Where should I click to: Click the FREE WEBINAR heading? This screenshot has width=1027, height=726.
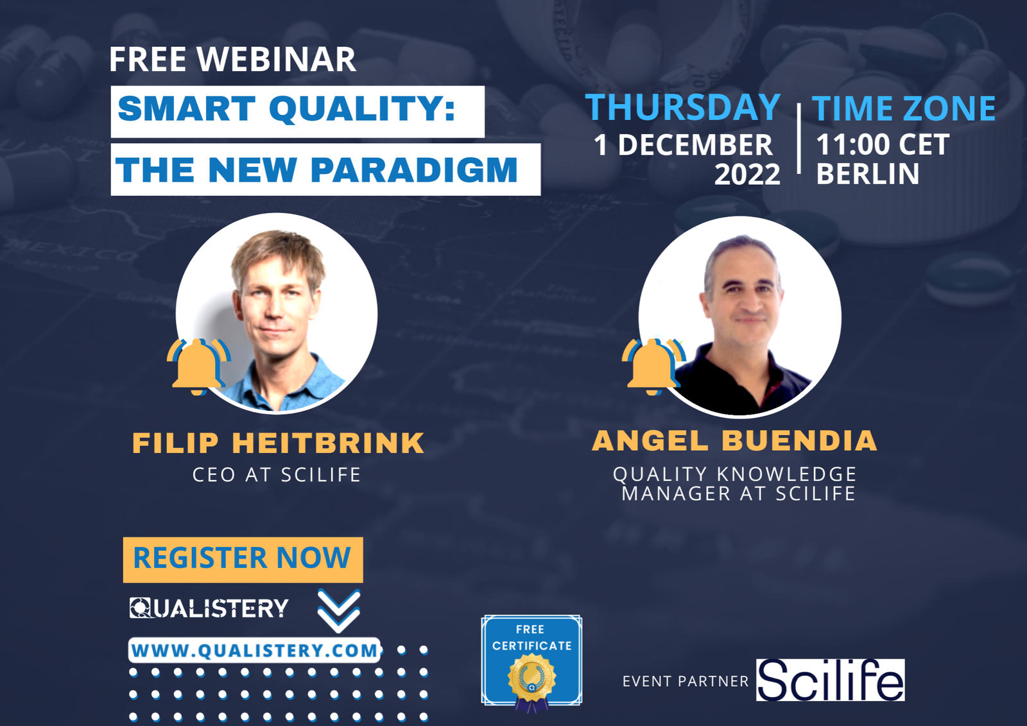(232, 60)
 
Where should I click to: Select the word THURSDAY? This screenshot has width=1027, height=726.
(683, 107)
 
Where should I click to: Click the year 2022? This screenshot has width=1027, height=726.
(747, 175)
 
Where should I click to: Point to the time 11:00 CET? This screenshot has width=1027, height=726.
(883, 145)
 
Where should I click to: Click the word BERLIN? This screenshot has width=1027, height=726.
(867, 174)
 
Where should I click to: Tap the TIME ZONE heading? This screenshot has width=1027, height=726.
(904, 108)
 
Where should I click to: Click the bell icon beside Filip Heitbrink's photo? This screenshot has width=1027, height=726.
(198, 365)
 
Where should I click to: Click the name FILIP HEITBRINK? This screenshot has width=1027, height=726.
(278, 443)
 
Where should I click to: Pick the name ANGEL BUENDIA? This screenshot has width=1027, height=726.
(734, 441)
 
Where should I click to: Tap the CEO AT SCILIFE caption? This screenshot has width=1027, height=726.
(277, 475)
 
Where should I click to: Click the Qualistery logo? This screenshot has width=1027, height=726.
(209, 608)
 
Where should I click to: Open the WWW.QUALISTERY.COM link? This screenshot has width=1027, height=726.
(255, 650)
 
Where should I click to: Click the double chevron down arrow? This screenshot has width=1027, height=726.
(338, 610)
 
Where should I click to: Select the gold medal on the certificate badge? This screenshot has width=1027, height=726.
(531, 677)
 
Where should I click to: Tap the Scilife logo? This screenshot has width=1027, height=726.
(830, 680)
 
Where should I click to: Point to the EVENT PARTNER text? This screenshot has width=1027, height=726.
(685, 681)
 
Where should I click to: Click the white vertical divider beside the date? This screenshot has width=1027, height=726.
(798, 139)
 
